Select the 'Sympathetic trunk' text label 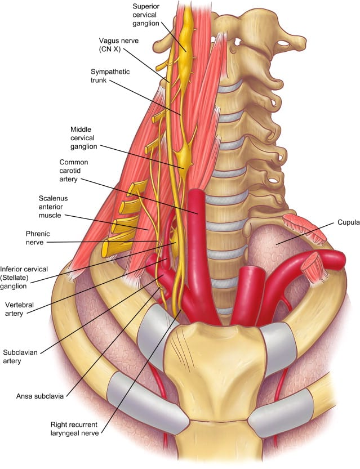tap(108, 76)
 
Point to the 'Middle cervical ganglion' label tap(85, 138)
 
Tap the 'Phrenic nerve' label tap(39, 238)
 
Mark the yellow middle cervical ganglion tap(184, 159)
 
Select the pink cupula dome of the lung tap(270, 248)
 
